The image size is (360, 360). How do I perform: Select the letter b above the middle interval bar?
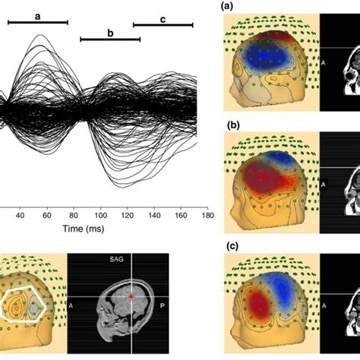110,32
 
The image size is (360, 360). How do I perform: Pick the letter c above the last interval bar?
163,18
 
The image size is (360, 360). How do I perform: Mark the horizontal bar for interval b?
110,39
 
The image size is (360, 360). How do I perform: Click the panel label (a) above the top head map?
226,6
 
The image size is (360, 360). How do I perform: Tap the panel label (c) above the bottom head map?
226,245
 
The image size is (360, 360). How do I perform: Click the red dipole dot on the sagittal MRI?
130,294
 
